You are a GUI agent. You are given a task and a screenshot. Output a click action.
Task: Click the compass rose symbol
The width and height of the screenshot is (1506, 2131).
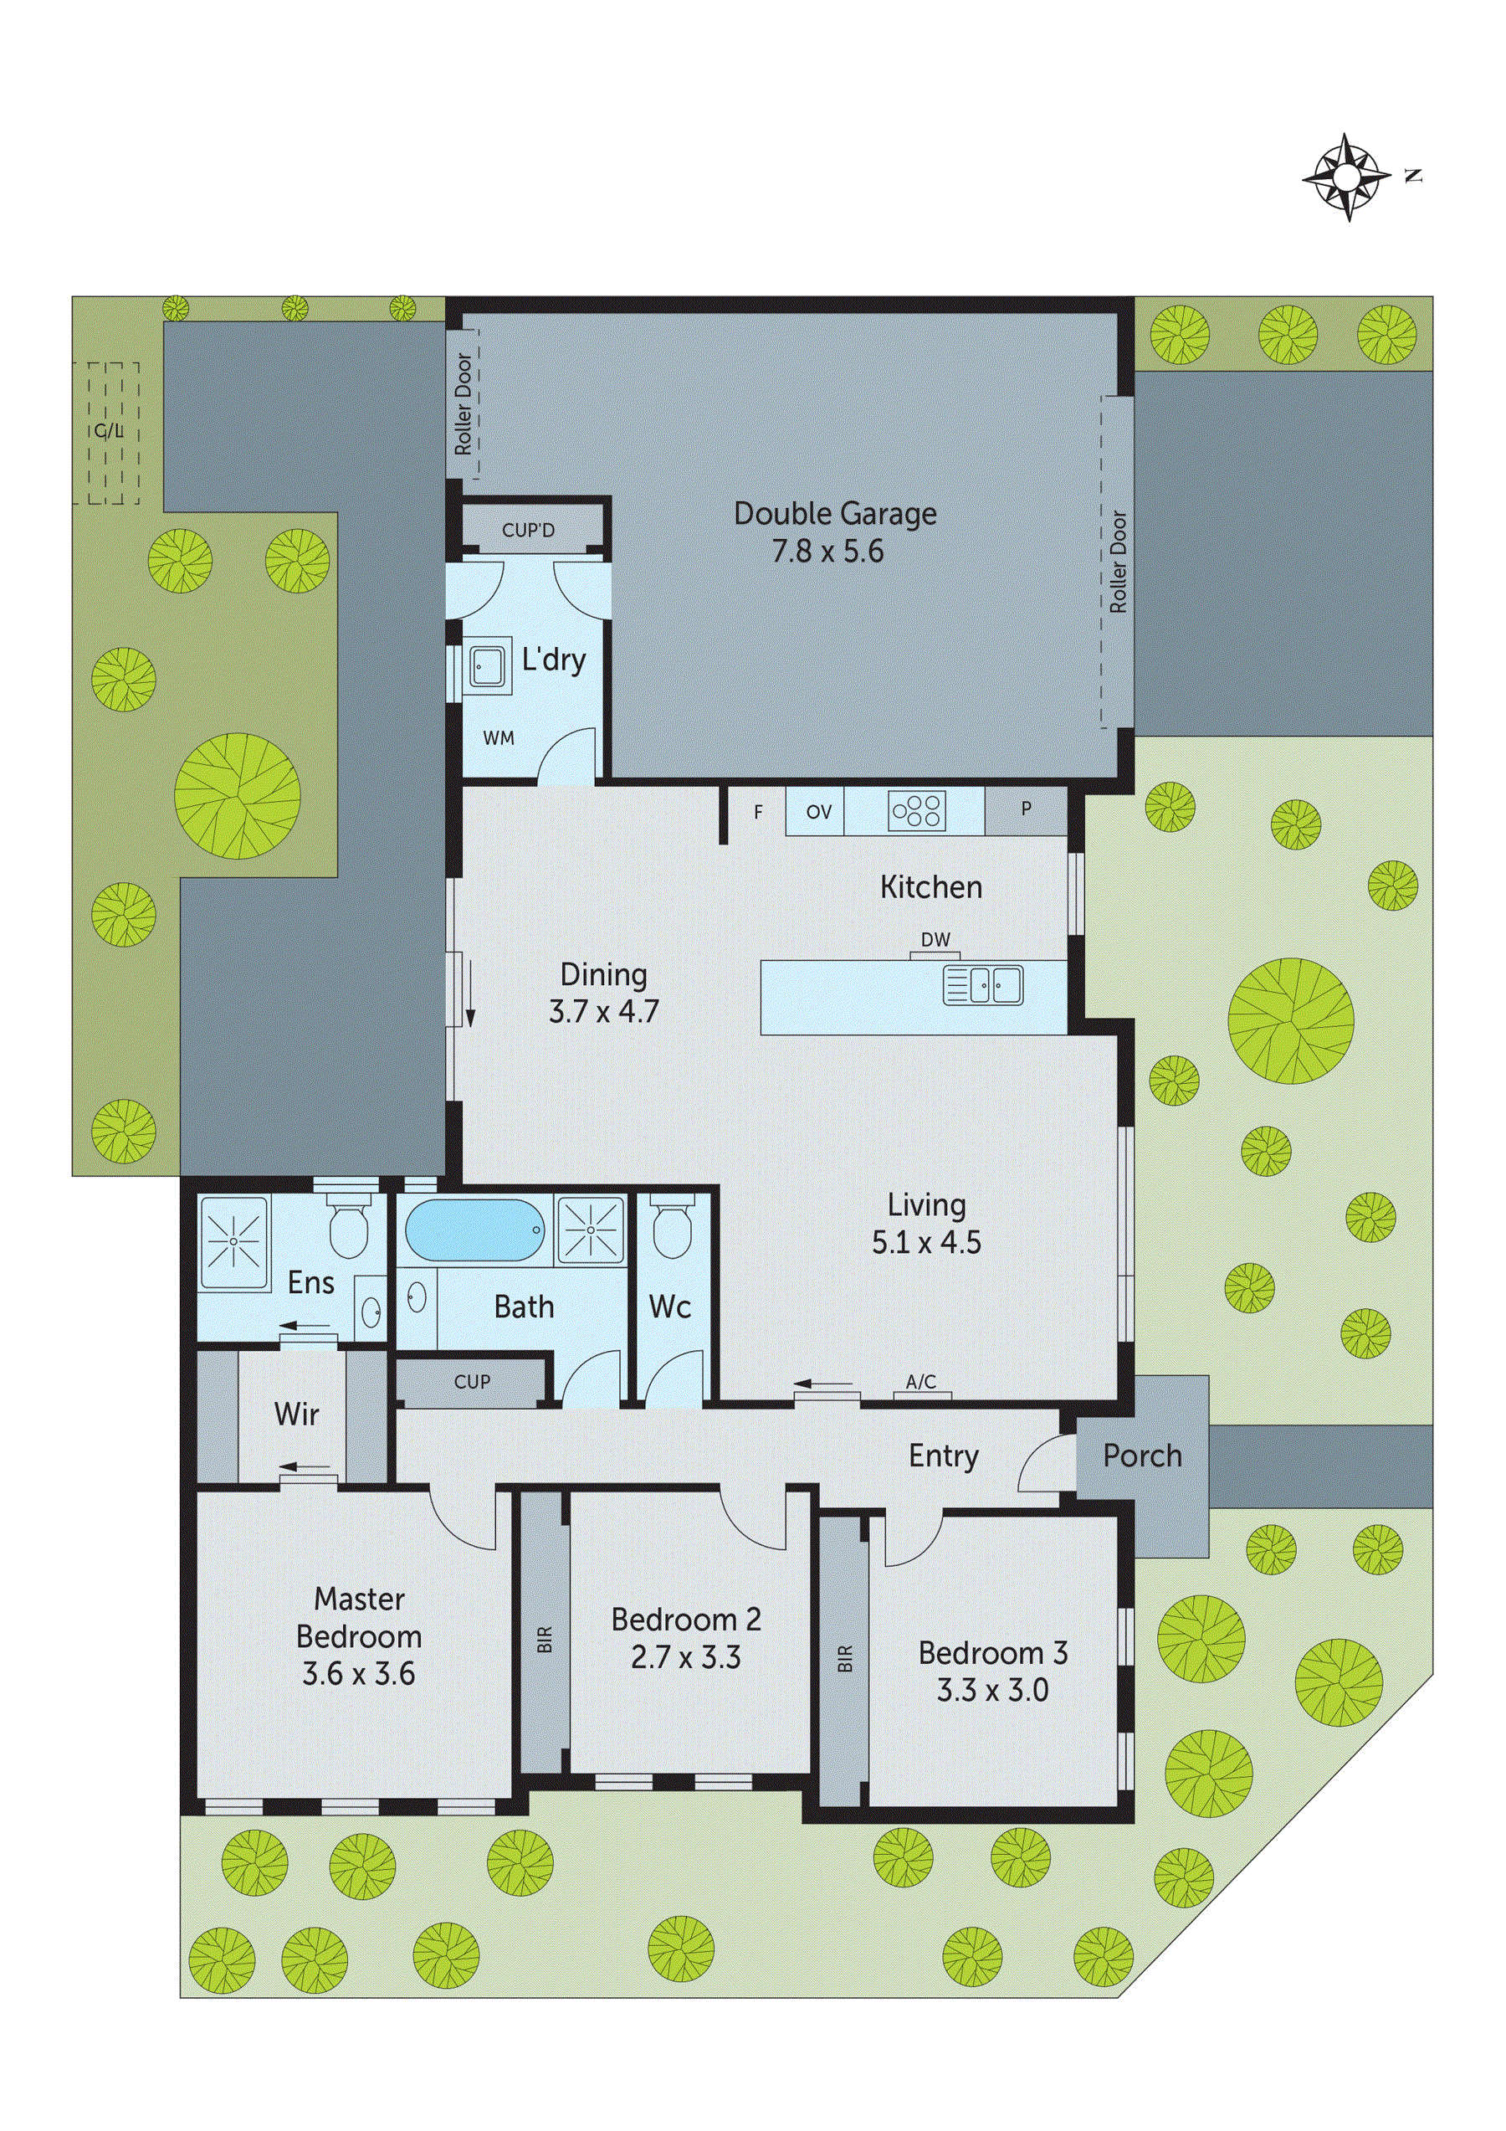(1347, 177)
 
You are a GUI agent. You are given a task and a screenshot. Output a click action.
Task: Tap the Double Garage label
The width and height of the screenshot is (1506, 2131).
(834, 513)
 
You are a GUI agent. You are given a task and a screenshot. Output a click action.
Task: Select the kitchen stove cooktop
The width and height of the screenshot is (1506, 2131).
(917, 810)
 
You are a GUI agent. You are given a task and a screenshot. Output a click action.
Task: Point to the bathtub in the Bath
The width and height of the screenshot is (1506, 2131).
(474, 1230)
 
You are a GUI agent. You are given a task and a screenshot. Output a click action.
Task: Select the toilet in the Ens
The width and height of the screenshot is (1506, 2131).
(349, 1229)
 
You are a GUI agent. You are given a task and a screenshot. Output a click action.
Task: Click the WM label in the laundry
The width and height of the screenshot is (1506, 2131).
(499, 738)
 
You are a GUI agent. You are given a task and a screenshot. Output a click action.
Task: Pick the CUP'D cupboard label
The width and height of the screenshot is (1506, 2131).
(528, 530)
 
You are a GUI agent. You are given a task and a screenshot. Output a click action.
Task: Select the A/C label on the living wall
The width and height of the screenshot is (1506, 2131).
(920, 1382)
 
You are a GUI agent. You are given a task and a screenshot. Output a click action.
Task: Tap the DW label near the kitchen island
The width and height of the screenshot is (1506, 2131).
(935, 939)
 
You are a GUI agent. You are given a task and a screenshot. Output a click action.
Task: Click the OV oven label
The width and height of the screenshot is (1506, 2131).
(818, 812)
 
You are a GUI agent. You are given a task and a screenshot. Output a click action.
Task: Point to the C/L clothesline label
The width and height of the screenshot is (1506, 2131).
(109, 432)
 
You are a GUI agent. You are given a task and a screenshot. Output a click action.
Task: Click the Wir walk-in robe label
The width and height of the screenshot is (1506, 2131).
(296, 1415)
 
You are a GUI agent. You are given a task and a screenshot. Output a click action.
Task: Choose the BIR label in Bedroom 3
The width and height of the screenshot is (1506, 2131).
(844, 1659)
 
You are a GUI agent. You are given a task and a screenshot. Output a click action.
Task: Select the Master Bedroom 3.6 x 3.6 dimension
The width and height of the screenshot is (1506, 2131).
(358, 1673)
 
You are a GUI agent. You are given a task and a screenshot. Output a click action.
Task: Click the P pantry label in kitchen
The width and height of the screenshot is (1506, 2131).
(1026, 809)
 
